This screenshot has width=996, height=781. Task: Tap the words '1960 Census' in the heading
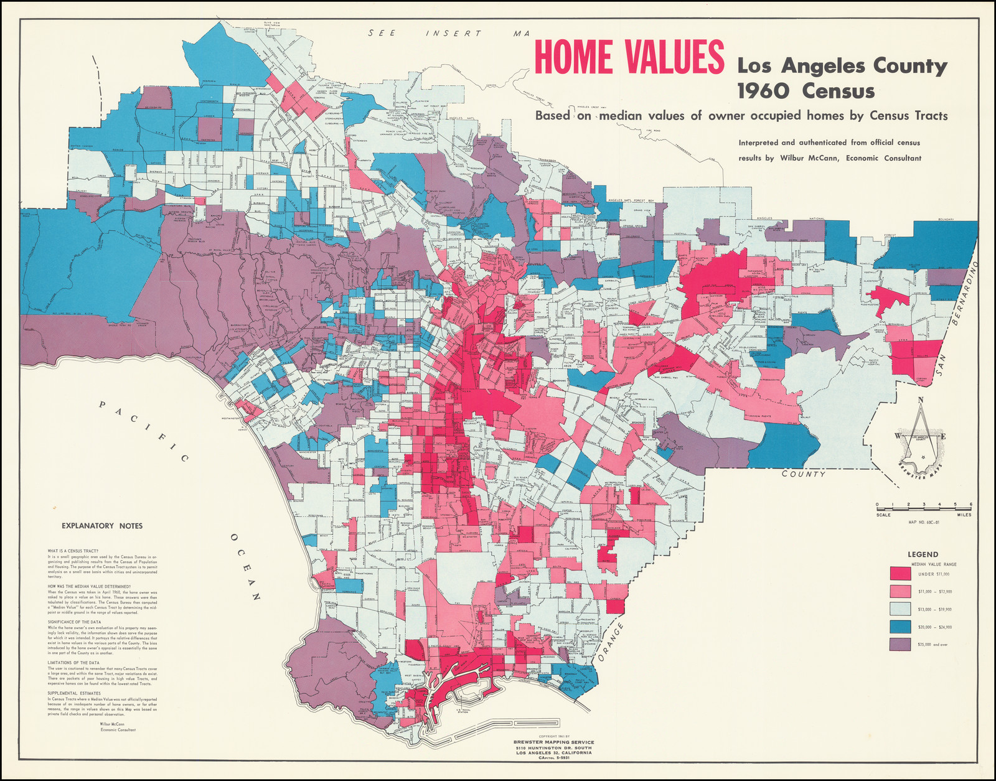[x=806, y=91]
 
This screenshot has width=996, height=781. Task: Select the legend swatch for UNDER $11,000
[x=900, y=573]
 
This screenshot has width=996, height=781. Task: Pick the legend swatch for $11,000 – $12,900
[x=900, y=591]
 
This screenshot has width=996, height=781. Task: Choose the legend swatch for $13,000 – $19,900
[x=900, y=609]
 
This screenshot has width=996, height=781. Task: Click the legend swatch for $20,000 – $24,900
[x=900, y=627]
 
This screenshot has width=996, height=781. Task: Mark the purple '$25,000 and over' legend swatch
[x=900, y=644]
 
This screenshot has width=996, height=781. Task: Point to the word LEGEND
[x=923, y=554]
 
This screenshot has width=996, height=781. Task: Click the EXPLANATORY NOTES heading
[x=102, y=526]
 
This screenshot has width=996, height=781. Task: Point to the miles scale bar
[x=923, y=509]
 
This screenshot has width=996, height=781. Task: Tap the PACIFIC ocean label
[x=144, y=432]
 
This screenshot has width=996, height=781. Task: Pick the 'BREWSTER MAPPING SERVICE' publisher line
[x=553, y=742]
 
